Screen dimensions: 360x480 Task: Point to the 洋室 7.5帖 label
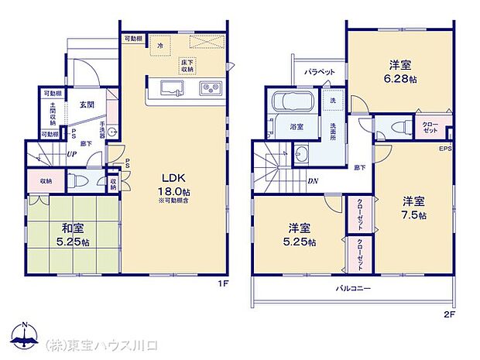pos(413,208)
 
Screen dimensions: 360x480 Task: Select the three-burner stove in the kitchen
pos(209,87)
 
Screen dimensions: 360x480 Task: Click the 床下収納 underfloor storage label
pos(187,65)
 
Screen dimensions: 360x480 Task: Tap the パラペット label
pos(319,72)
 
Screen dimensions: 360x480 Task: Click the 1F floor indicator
pos(223,283)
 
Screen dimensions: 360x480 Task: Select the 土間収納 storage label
pos(53,115)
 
